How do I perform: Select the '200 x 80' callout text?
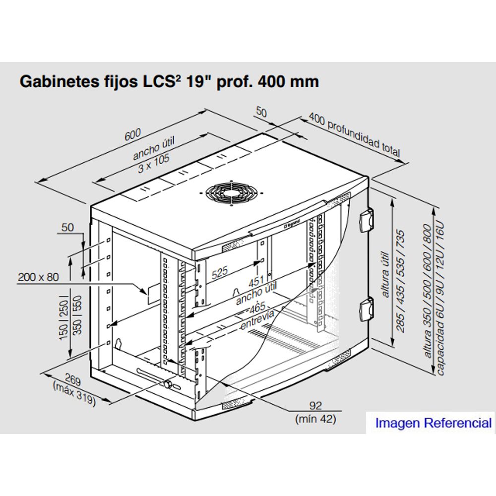[38, 277]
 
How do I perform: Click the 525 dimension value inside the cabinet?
[219, 273]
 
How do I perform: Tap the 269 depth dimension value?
[73, 381]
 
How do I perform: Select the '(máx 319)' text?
[73, 393]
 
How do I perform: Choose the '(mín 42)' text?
[315, 419]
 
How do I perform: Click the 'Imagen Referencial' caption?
[433, 423]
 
